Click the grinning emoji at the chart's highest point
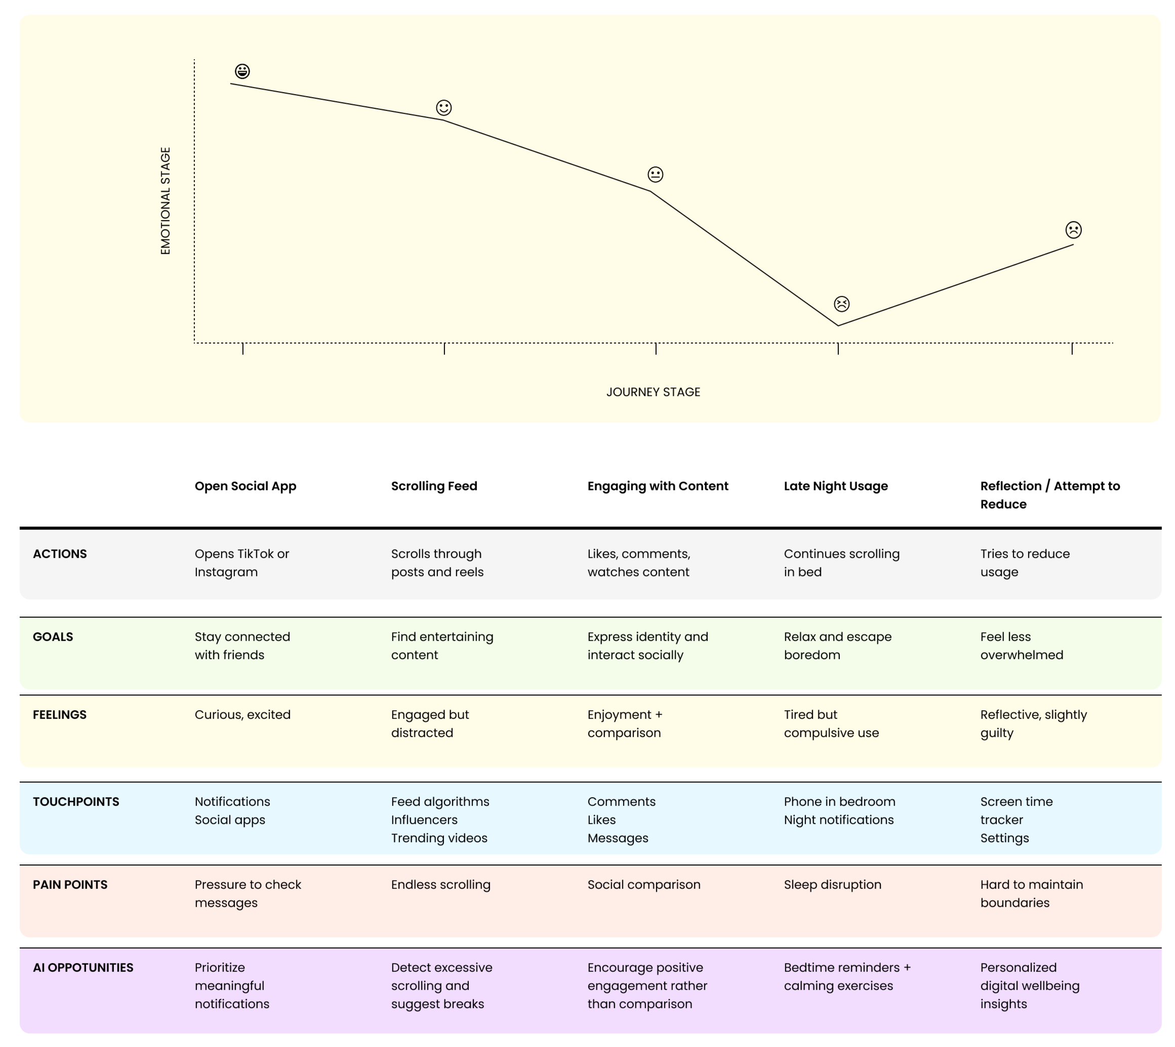tap(242, 71)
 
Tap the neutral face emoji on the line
tap(655, 174)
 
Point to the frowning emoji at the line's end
tap(1073, 230)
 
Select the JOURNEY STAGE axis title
tap(653, 392)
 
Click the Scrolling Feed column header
tap(434, 486)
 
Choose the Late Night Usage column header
tap(835, 486)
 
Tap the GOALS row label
tap(53, 637)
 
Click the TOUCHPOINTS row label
tap(76, 802)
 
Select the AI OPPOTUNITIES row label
tap(83, 968)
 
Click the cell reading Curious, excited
tap(242, 715)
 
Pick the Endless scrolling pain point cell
tap(440, 885)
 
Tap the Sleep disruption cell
tap(832, 885)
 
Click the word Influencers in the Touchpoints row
tap(424, 820)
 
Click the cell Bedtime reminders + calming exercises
tap(847, 977)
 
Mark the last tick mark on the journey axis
tap(1071, 348)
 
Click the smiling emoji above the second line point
tap(443, 108)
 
